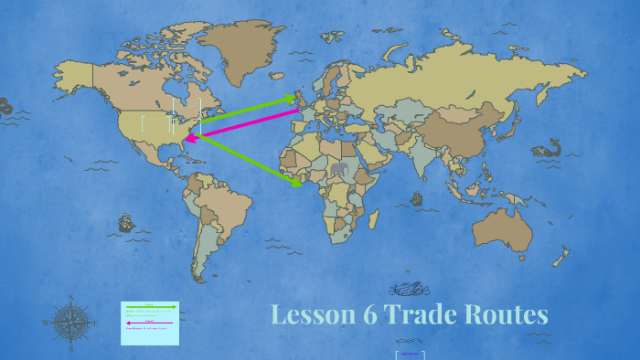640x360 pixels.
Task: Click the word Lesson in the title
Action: [x=311, y=315]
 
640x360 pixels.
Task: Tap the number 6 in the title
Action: [x=368, y=315]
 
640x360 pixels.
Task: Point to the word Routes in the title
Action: [x=507, y=315]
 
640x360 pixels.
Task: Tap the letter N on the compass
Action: [x=70, y=299]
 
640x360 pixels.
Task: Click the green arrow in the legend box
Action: [x=150, y=307]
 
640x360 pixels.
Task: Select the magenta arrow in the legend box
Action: [x=150, y=323]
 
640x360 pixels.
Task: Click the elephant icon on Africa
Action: [x=340, y=170]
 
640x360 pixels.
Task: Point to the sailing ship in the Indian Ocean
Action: [x=417, y=198]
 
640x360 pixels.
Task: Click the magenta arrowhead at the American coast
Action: [x=190, y=139]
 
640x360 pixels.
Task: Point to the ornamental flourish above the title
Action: [x=409, y=289]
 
